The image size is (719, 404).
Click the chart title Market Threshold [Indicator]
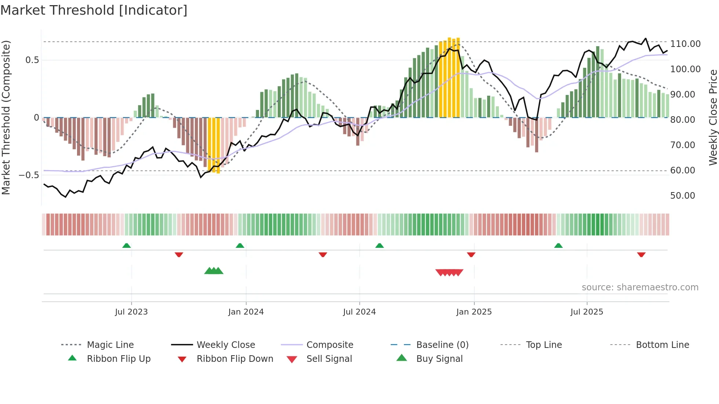coord(94,10)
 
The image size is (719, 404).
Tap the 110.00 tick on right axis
coord(685,44)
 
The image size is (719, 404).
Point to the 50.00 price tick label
coord(682,196)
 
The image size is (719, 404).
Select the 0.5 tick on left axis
coord(32,60)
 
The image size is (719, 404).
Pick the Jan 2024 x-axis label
coord(246,312)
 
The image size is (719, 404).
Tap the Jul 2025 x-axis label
coord(587,312)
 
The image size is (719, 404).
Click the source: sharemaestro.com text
coord(640,287)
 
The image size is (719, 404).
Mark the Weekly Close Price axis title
coord(713,117)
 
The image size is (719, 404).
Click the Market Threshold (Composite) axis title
coord(6,117)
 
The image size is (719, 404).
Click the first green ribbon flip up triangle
coord(127,245)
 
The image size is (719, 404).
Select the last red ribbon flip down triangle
coord(641,254)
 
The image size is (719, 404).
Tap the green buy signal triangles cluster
coord(214,271)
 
